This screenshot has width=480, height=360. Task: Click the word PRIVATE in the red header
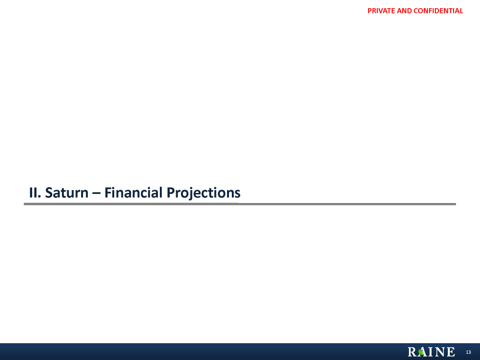(381, 11)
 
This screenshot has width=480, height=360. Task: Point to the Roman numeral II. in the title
(35, 192)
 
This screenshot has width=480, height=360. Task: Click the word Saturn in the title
(67, 192)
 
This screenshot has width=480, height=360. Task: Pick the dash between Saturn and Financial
(96, 193)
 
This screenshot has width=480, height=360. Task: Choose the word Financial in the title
(133, 192)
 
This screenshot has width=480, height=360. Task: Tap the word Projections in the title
(204, 193)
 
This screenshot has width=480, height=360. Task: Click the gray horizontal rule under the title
(240, 204)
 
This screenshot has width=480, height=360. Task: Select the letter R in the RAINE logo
(412, 352)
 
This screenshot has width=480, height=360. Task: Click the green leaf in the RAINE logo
(421, 352)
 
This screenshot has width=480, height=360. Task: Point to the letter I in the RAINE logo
(431, 352)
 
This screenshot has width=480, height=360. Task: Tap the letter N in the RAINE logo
(441, 352)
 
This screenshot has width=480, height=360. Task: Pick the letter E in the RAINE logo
(451, 352)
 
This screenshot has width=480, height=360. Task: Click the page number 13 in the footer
(468, 352)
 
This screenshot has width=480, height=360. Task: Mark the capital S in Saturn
(49, 192)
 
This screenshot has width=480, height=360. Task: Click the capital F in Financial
(108, 192)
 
